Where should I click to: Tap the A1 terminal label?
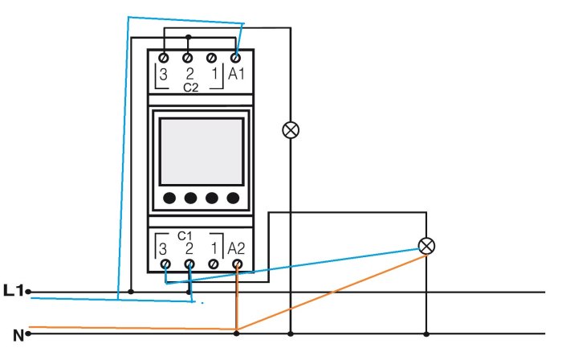pos(236,75)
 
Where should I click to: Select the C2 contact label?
pos(190,87)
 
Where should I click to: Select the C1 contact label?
pos(185,235)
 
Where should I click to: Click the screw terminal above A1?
pos(236,58)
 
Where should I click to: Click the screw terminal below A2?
pos(237,263)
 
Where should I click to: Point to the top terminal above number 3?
pos(165,58)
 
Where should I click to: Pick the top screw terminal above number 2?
pos(189,58)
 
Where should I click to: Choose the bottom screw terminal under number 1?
pos(213,263)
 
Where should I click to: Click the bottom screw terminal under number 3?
pos(165,263)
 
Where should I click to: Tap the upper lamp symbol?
pos(291,130)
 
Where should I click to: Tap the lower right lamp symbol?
pos(426,246)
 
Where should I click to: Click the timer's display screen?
pos(201,151)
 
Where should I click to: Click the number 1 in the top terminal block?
pos(214,75)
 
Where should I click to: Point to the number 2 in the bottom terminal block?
pos(189,248)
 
